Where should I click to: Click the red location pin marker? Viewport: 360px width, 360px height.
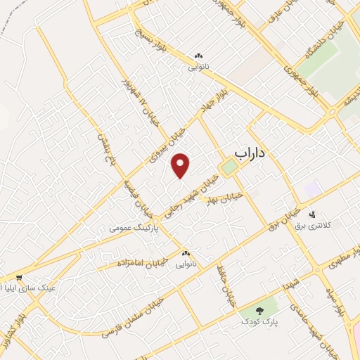[181, 165]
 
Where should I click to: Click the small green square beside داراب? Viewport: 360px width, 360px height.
[228, 167]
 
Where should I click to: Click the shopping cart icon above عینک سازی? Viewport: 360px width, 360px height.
[20, 278]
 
